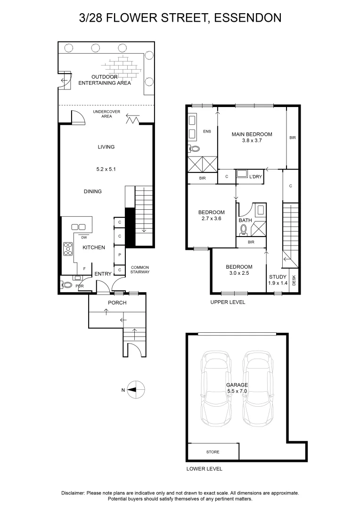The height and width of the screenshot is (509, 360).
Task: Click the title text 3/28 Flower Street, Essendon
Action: [180, 18]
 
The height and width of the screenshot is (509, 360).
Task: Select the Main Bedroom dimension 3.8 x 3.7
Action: [252, 140]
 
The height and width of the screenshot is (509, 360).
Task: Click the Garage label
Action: [237, 385]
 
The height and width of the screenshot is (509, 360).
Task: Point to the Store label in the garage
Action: [213, 452]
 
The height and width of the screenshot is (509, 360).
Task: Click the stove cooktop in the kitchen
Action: [67, 248]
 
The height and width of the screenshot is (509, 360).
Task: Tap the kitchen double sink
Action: [78, 227]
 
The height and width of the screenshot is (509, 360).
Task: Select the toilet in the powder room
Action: [66, 285]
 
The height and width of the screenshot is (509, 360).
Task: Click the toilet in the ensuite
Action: [194, 149]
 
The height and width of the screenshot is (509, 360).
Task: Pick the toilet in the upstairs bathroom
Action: [244, 230]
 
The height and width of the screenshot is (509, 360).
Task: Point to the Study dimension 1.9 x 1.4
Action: [278, 283]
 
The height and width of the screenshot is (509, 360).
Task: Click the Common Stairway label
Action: [140, 269]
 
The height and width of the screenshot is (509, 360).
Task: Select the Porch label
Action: [117, 303]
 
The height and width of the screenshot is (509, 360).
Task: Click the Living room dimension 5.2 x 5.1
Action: [106, 168]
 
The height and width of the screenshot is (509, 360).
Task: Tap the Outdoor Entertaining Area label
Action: [104, 80]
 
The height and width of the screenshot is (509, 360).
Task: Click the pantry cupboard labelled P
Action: [120, 254]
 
